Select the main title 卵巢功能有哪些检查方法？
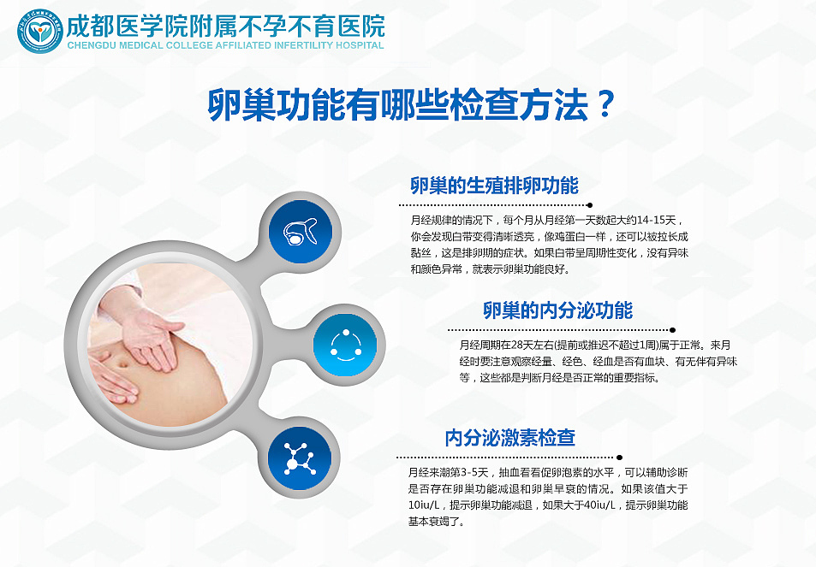412,105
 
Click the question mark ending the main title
604,105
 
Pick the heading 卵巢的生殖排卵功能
494,186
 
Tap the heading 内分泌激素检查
509,438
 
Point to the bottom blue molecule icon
301,461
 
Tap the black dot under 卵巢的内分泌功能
672,329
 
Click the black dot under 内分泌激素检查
619,458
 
